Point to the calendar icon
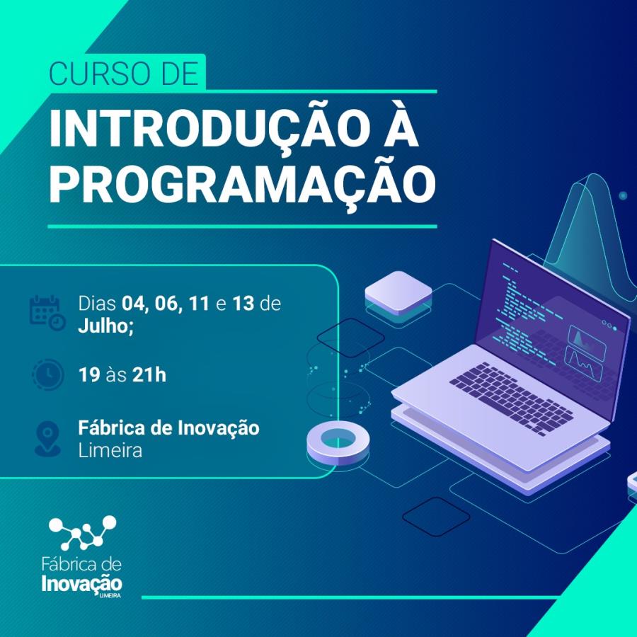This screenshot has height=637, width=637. (x=47, y=312)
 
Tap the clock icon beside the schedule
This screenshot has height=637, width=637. (x=47, y=374)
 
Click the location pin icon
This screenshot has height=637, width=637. (x=47, y=438)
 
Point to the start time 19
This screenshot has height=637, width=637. (x=89, y=374)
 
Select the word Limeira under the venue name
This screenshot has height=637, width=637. (x=110, y=450)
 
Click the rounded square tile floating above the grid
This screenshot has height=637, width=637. (x=398, y=291)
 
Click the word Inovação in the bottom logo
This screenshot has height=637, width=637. (x=82, y=585)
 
